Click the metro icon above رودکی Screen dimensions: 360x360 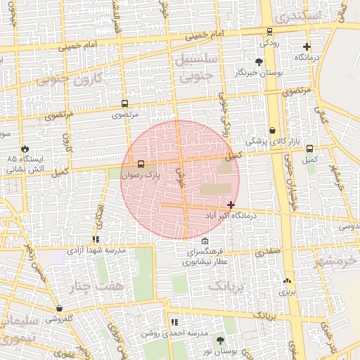(x=269, y=31)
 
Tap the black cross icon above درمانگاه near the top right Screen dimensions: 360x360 (x=306, y=46)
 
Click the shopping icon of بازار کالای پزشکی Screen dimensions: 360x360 (x=272, y=131)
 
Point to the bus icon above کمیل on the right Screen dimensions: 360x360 (x=310, y=149)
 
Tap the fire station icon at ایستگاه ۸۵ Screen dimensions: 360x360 (x=25, y=149)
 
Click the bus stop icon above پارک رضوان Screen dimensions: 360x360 (x=141, y=164)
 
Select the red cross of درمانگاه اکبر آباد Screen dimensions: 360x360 (x=231, y=205)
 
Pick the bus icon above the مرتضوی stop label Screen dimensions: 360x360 (x=124, y=103)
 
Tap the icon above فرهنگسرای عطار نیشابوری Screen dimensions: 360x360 (x=205, y=241)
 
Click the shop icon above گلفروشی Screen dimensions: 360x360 (x=60, y=308)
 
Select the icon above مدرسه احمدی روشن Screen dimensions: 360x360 (x=174, y=322)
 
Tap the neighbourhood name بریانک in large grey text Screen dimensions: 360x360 (x=229, y=287)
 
